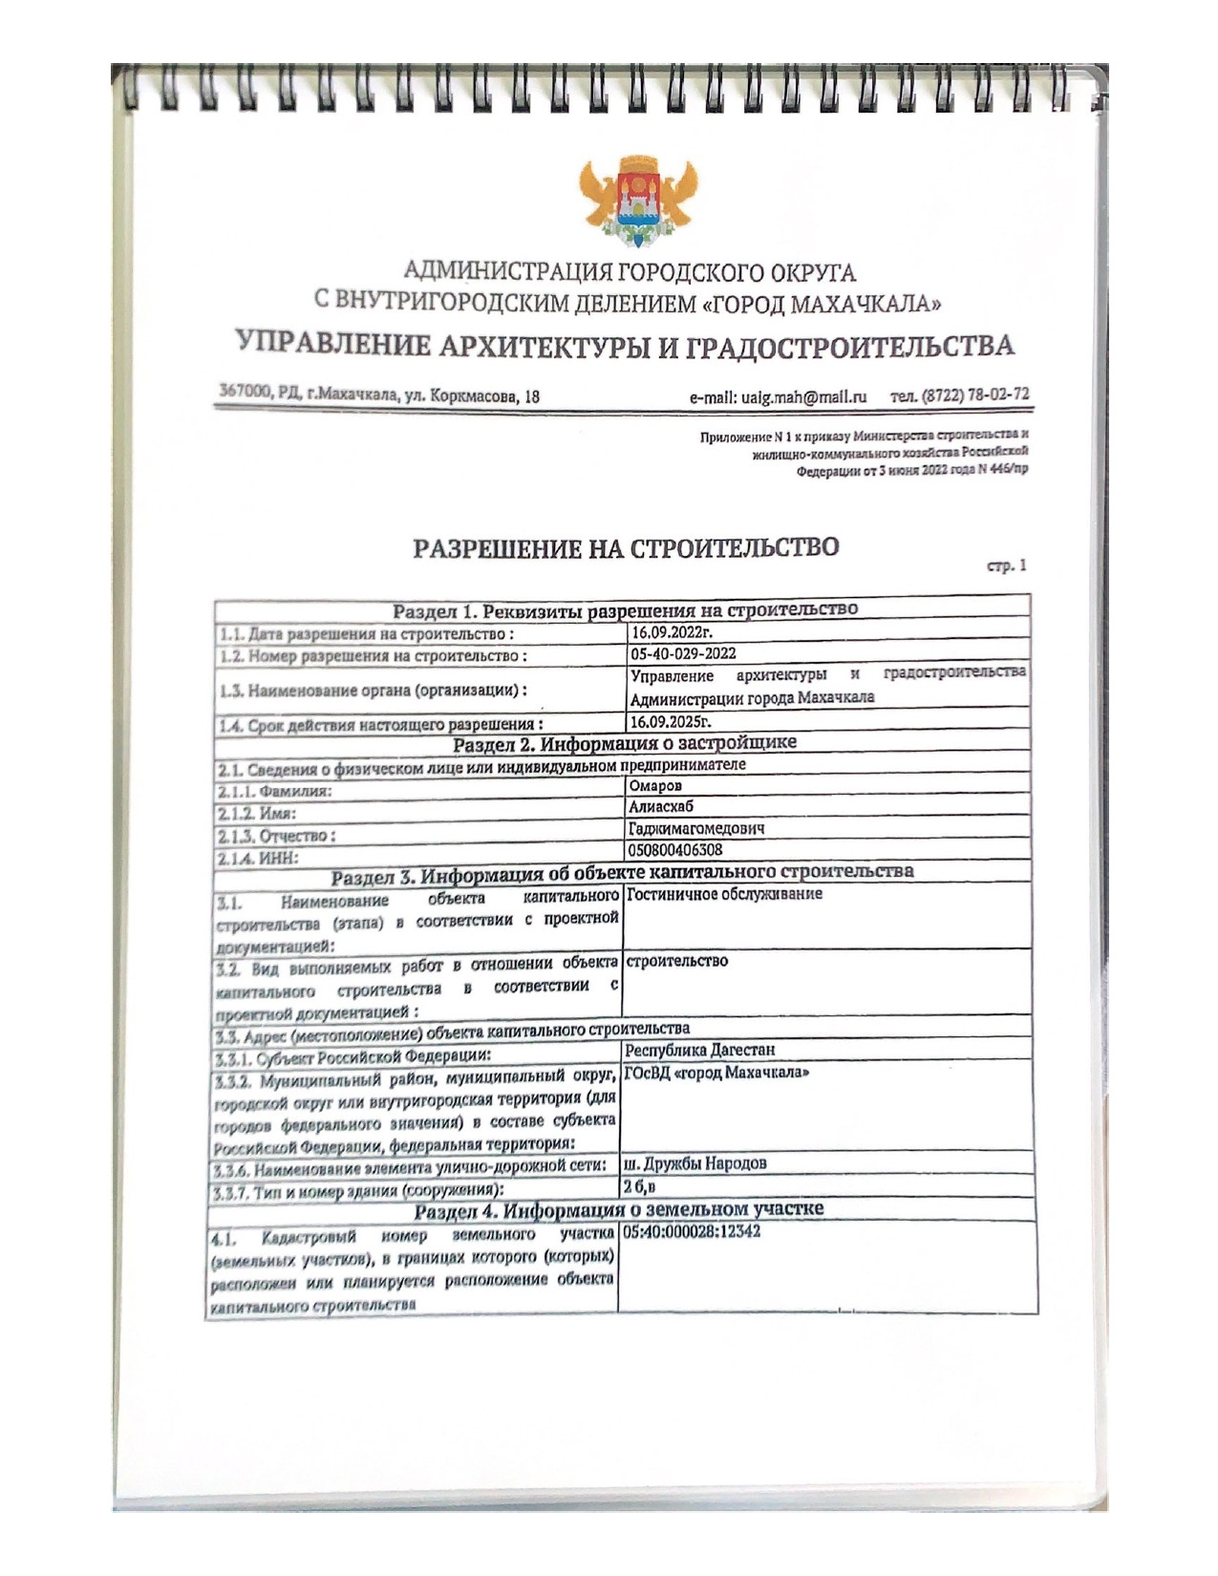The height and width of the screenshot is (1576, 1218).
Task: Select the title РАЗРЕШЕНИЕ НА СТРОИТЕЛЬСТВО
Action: coord(626,548)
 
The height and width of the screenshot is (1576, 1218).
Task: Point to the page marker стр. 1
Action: coord(1007,565)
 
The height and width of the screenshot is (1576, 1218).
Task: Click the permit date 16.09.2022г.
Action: coord(672,632)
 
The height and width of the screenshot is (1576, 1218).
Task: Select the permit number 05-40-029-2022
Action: coord(683,654)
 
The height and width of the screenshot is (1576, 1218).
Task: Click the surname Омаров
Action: coord(655,786)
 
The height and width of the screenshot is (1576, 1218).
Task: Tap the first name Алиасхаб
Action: coord(661,807)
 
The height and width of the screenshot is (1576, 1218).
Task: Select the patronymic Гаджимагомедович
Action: coord(696,828)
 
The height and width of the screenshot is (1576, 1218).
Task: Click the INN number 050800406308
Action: coord(675,849)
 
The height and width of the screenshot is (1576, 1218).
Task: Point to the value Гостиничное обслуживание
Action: coord(724,894)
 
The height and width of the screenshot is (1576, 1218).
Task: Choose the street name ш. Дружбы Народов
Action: coord(694,1164)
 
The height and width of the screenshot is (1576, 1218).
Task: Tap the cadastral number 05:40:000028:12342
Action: coord(692,1232)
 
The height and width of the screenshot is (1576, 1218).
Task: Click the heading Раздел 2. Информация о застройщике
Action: coord(625,743)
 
